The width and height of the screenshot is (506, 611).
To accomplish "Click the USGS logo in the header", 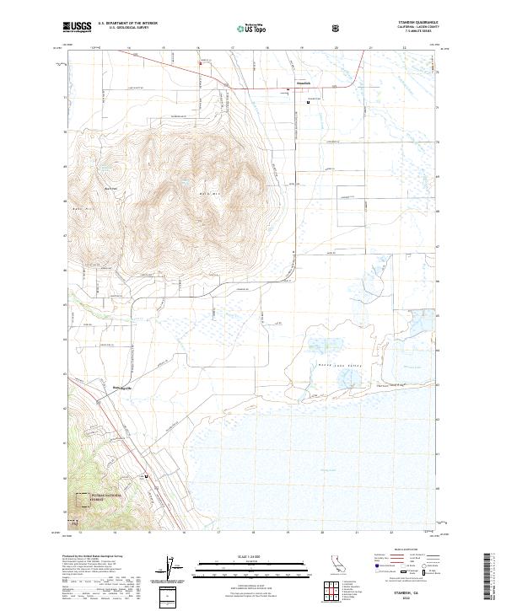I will point(78,28).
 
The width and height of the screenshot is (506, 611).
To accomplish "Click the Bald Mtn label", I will point(207,191).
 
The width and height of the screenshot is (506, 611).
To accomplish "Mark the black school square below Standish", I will point(308,104).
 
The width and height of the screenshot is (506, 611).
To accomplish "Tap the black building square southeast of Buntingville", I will point(148,476).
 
